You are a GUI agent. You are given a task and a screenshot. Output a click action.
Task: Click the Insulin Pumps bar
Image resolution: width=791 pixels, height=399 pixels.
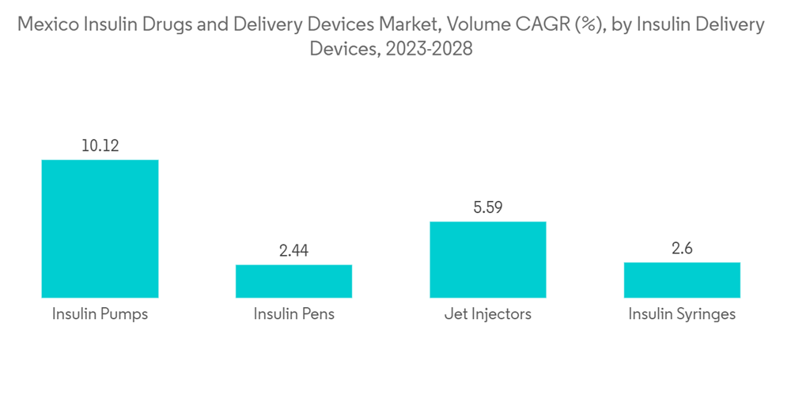point(100,229)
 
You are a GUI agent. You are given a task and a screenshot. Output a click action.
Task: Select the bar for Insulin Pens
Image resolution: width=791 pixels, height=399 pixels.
point(293,281)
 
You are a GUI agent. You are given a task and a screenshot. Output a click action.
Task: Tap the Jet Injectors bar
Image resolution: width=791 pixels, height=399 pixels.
point(488,260)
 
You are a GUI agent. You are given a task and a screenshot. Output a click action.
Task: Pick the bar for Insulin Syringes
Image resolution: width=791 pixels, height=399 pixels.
point(682,280)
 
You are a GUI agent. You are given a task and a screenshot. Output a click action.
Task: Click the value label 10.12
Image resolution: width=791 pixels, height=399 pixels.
point(100,146)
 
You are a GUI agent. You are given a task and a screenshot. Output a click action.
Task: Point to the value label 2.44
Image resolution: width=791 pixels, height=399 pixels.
point(293,251)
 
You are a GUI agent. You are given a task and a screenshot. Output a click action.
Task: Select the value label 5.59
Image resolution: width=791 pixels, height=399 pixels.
point(488,207)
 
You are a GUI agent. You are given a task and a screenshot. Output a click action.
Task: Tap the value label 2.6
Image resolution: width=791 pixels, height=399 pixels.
point(682,249)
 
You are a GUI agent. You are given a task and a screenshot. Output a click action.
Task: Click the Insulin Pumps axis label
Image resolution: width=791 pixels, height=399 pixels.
point(100,314)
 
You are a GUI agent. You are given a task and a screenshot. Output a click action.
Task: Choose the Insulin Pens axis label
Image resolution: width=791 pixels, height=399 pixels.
point(293,314)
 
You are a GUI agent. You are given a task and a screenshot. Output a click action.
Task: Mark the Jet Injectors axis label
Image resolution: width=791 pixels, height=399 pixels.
point(488,314)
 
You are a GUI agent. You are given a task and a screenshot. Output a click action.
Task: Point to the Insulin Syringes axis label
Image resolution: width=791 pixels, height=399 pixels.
point(682,314)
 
